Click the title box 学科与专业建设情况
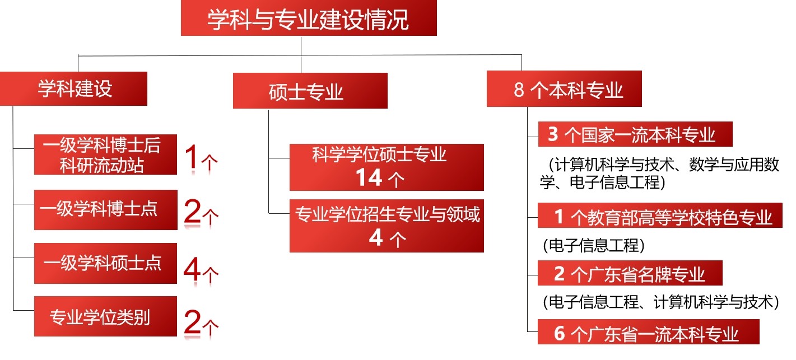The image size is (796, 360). pyautogui.click(x=309, y=18)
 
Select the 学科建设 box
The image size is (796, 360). pyautogui.click(x=73, y=88)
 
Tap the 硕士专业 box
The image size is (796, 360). pyautogui.click(x=310, y=91)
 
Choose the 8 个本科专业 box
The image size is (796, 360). pyautogui.click(x=564, y=89)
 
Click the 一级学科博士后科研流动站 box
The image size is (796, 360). pyautogui.click(x=105, y=155)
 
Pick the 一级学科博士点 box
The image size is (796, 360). pyautogui.click(x=105, y=210)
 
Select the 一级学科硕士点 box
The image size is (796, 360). pyautogui.click(x=105, y=264)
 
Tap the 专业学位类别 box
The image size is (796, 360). pyautogui.click(x=105, y=316)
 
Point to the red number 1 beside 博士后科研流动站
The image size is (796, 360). pyautogui.click(x=192, y=157)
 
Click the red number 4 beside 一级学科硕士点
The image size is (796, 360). pyautogui.click(x=192, y=269)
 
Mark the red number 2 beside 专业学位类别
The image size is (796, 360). pyautogui.click(x=192, y=321)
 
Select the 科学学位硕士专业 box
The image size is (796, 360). pyautogui.click(x=387, y=167)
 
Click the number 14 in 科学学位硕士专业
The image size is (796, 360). pyautogui.click(x=369, y=177)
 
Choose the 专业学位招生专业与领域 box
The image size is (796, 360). pyautogui.click(x=387, y=226)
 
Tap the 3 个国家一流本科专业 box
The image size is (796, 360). pyautogui.click(x=635, y=134)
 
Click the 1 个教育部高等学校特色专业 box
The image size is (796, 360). pyautogui.click(x=660, y=216)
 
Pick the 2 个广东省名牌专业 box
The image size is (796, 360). pyautogui.click(x=630, y=273)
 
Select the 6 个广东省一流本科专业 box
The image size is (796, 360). pyautogui.click(x=649, y=332)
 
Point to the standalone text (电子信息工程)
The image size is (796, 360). pyautogui.click(x=594, y=245)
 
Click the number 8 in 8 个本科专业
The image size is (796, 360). pyautogui.click(x=519, y=90)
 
